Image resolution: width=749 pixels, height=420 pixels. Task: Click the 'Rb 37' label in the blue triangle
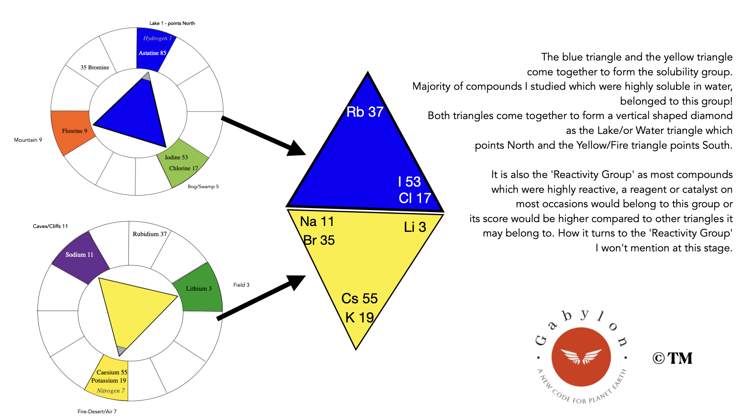point(365,112)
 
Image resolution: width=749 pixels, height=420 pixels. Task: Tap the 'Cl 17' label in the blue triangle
point(415,198)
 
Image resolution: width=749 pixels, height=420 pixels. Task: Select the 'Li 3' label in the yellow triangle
point(415,227)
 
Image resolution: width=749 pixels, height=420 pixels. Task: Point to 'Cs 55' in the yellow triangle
point(359,299)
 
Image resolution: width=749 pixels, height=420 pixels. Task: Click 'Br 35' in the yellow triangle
point(319,240)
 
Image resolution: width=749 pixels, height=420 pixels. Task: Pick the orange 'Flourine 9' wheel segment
point(73,131)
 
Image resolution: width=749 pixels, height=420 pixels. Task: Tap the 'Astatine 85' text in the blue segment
point(152,53)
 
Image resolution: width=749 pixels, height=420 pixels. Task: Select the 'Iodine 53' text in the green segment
point(176,157)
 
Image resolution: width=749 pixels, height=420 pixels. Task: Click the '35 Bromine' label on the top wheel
point(95,68)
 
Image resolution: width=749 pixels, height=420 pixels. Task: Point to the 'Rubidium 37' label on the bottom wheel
point(150,234)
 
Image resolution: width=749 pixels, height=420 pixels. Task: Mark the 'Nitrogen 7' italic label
point(111,391)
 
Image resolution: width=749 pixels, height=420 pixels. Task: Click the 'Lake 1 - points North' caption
point(172,23)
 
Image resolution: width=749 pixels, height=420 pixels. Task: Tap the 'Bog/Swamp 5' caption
point(203,187)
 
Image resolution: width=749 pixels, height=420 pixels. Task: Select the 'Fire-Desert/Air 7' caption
point(97,411)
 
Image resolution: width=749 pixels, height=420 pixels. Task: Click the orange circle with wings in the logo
point(581,357)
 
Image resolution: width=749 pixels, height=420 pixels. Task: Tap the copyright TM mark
point(672,358)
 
